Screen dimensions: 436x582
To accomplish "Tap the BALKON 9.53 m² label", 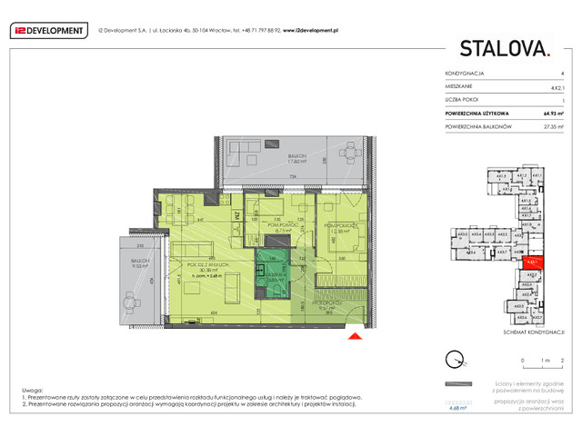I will pyautogui.click(x=139, y=269).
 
